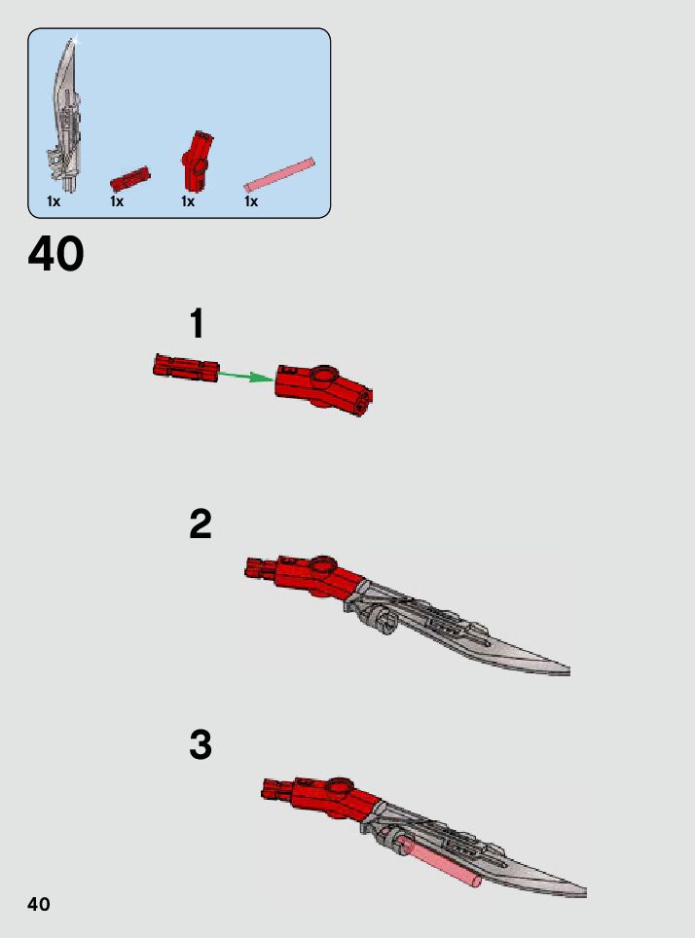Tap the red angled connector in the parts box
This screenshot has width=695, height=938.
coord(196,161)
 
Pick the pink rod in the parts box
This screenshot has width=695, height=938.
coord(279,174)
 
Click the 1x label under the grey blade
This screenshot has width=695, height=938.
coord(54,201)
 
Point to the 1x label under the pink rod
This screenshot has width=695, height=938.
coord(251,201)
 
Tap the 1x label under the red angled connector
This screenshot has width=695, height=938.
coord(188,201)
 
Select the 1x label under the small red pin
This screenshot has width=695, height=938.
coord(117,201)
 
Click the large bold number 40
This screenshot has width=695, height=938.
coord(56,255)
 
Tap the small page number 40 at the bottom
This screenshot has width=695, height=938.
coord(38,904)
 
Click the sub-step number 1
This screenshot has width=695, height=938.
coord(198,324)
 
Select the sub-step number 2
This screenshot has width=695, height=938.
coord(200,524)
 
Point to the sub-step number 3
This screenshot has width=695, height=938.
coord(200,745)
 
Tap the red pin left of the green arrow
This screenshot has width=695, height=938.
coord(185,368)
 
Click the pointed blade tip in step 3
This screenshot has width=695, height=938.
coord(580,890)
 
